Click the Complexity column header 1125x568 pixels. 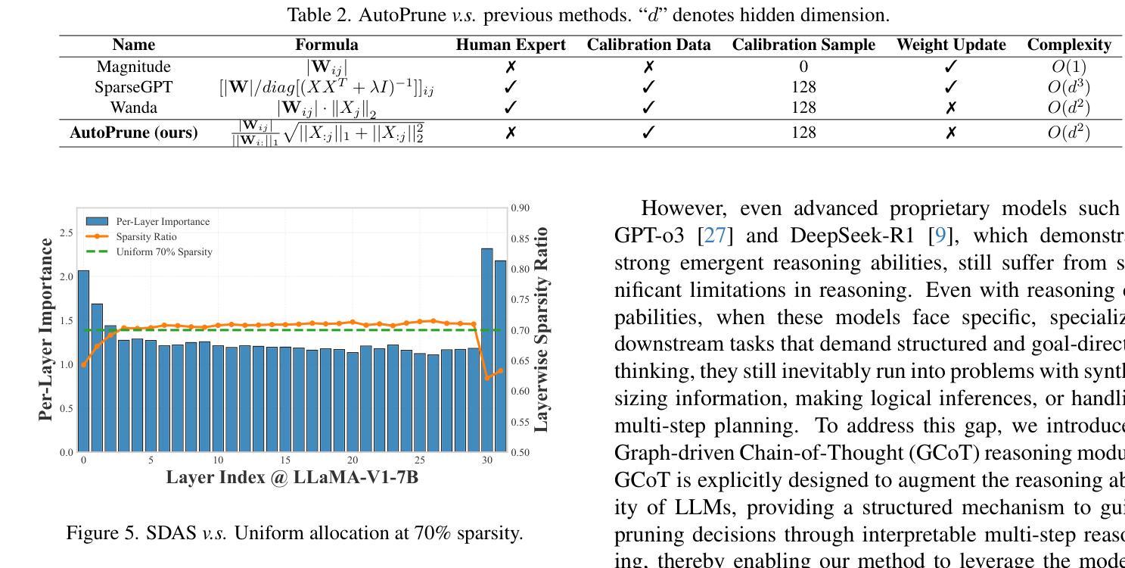(1068, 45)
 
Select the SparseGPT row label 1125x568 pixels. (133, 87)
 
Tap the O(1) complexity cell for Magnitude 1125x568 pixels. (1068, 67)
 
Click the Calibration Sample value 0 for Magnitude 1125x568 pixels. (803, 67)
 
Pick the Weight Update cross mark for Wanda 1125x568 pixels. (951, 108)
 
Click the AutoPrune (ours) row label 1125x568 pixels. (133, 133)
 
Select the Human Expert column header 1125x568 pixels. (511, 45)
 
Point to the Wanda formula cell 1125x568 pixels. (327, 108)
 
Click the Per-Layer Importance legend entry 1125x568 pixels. (162, 222)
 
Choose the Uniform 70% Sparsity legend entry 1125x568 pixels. (163, 251)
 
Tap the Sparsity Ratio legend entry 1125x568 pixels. (146, 236)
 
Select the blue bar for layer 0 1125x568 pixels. (83, 360)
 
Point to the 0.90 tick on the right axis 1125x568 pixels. (520, 208)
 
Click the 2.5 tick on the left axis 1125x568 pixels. (67, 233)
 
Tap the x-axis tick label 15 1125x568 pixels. (285, 460)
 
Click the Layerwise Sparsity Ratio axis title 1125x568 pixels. (541, 329)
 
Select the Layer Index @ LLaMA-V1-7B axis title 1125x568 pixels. (292, 478)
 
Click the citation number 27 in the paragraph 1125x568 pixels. (716, 236)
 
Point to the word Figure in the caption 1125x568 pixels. (89, 533)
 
